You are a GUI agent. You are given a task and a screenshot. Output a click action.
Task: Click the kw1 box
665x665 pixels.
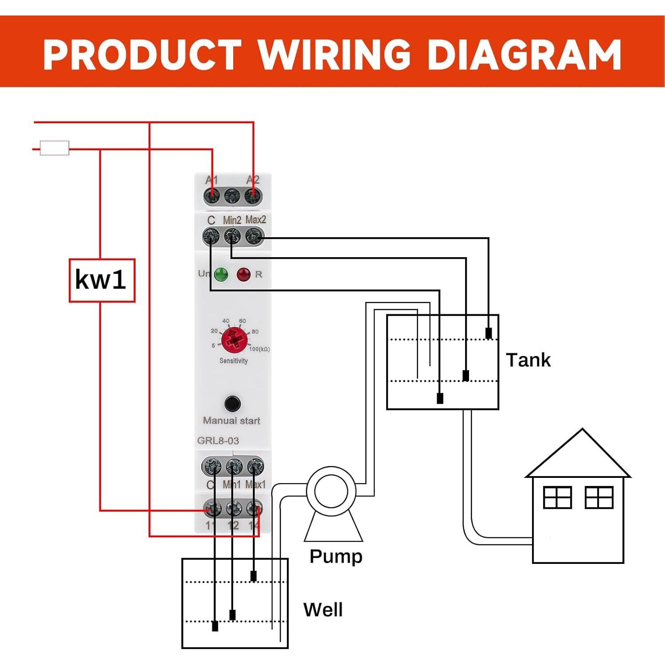click(x=102, y=280)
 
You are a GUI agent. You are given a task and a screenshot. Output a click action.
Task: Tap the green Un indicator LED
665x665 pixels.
click(x=221, y=274)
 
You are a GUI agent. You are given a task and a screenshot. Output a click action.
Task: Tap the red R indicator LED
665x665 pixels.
click(x=243, y=274)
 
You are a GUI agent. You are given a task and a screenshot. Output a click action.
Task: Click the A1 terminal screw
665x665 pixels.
click(x=212, y=195)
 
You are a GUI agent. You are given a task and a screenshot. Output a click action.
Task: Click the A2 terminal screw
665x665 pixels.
click(x=253, y=195)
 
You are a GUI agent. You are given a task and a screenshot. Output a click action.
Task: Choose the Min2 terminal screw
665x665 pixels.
click(x=232, y=236)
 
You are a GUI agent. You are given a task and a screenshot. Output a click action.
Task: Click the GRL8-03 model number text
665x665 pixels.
click(x=218, y=441)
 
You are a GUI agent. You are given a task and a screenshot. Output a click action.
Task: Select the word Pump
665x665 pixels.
click(x=336, y=556)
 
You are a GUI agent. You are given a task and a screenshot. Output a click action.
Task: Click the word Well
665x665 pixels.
click(x=323, y=610)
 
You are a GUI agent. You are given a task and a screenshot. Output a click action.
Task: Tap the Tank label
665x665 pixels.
click(x=528, y=360)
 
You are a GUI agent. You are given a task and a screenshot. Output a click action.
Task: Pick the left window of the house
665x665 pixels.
click(x=557, y=497)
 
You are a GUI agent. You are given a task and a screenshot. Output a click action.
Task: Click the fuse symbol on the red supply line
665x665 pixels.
click(x=55, y=148)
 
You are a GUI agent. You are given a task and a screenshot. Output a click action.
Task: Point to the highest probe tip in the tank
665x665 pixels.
click(x=489, y=333)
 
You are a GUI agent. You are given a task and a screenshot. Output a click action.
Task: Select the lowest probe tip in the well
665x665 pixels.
click(x=215, y=626)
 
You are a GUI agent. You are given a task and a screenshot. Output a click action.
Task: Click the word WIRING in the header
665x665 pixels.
click(x=335, y=55)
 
